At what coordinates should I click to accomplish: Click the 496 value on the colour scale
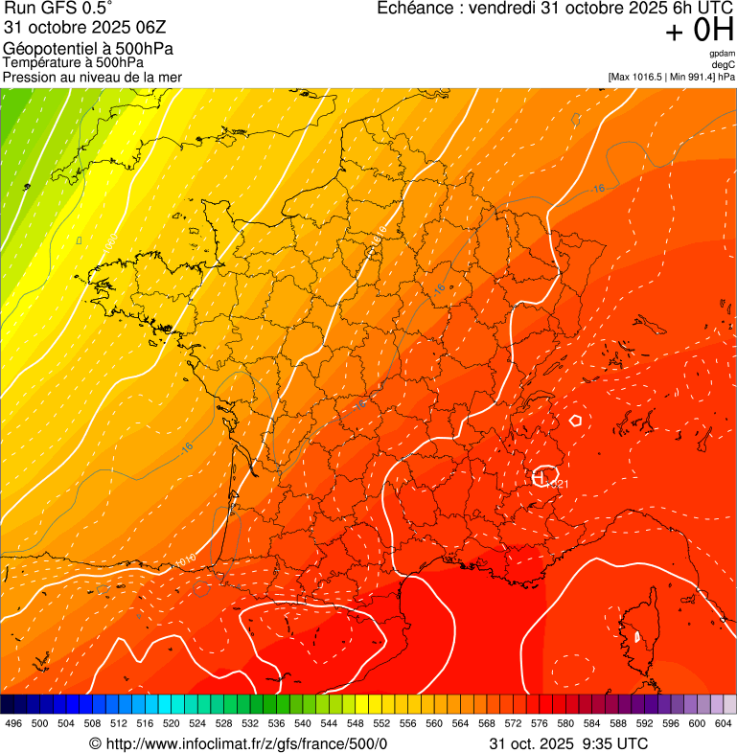click(x=13, y=723)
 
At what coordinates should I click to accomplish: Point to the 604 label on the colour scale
click(x=724, y=723)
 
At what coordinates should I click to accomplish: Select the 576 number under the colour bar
click(x=540, y=723)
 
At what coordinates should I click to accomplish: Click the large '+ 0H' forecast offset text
click(x=701, y=31)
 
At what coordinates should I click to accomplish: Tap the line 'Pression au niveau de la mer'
click(x=92, y=77)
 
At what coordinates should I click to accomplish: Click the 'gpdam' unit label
click(x=723, y=54)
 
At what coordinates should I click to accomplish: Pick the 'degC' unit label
click(x=724, y=64)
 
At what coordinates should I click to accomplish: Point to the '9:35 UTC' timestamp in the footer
click(x=614, y=743)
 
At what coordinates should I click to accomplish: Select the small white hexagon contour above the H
click(x=575, y=420)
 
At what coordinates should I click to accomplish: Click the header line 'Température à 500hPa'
click(x=73, y=62)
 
